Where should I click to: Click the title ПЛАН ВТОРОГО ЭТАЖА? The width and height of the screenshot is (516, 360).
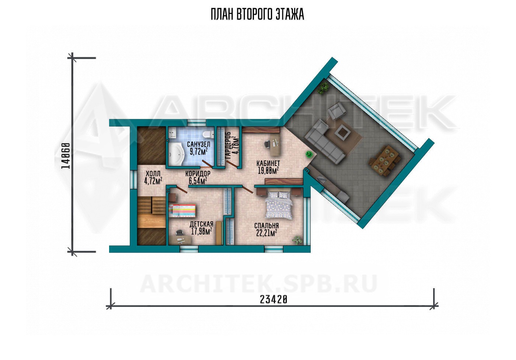258,14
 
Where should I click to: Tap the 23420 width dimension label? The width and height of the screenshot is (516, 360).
273,300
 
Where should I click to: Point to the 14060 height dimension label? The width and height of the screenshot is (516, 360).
66,156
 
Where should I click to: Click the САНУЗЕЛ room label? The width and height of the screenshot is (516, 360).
199,145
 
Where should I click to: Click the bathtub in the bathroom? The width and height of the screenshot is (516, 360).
176,154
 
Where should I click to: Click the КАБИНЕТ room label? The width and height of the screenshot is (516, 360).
268,163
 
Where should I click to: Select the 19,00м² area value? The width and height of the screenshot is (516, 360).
268,170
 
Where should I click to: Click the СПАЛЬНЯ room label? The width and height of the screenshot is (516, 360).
266,225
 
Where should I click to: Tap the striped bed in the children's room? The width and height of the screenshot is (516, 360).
182,211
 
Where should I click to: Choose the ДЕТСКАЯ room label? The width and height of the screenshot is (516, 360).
202,224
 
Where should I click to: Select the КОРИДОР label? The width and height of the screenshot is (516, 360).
198,173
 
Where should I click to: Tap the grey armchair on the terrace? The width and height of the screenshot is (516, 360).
337,111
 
